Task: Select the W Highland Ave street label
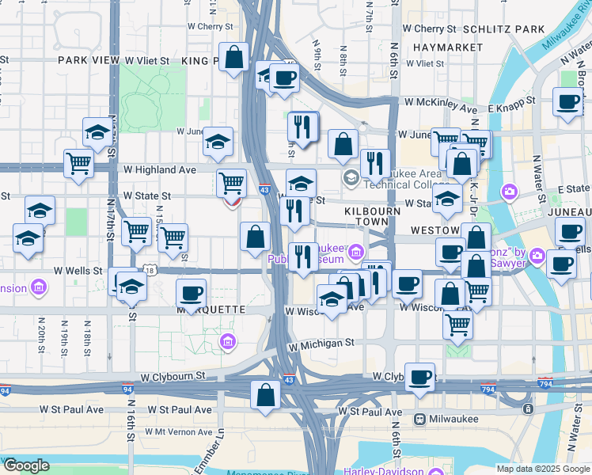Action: coord(159,169)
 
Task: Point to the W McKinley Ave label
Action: coord(441,101)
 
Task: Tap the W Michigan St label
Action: coord(321,344)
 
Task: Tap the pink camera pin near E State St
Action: coord(510,191)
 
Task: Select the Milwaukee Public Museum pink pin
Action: coord(355,253)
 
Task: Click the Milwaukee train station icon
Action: coord(419,419)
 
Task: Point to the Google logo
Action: coord(26,465)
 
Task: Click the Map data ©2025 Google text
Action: coord(542,469)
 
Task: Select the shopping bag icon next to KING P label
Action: coord(234,58)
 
